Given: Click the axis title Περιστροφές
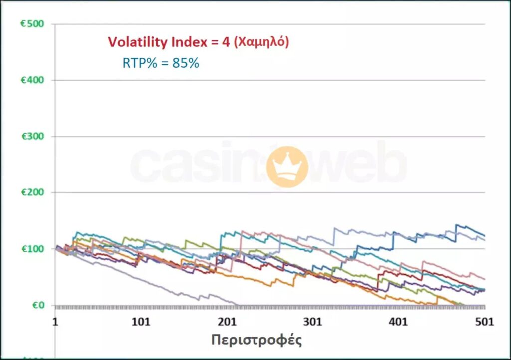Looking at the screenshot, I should click(256, 341).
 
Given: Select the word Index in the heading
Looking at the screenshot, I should click(185, 42).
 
